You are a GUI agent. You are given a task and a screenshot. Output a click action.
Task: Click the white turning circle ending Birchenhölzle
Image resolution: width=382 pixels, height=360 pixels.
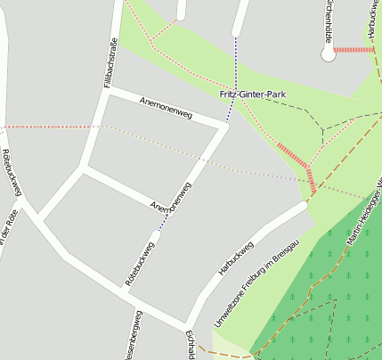click(329, 55)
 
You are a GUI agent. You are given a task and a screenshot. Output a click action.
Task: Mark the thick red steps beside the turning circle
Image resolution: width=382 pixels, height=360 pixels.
click(354, 50)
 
